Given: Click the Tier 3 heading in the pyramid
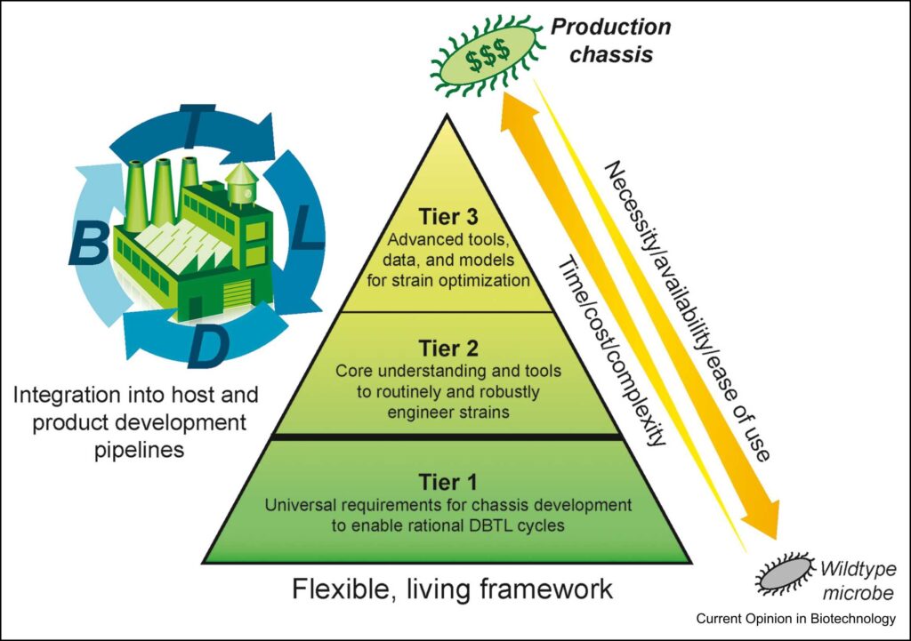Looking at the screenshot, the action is (448, 217).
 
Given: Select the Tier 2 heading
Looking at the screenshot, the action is (448, 349).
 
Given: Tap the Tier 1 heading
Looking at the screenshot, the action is (448, 482).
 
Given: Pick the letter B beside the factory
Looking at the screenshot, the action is (88, 244).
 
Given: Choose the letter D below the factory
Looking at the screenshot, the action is (206, 347).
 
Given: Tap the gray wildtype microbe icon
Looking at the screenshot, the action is (785, 574).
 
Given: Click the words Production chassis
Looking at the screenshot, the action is (610, 41).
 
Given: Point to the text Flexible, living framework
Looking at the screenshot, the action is (452, 589).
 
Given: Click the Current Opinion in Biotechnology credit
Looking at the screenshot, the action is (796, 619).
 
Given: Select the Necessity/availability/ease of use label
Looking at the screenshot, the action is (689, 311).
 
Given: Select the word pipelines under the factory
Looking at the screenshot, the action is (139, 450).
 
